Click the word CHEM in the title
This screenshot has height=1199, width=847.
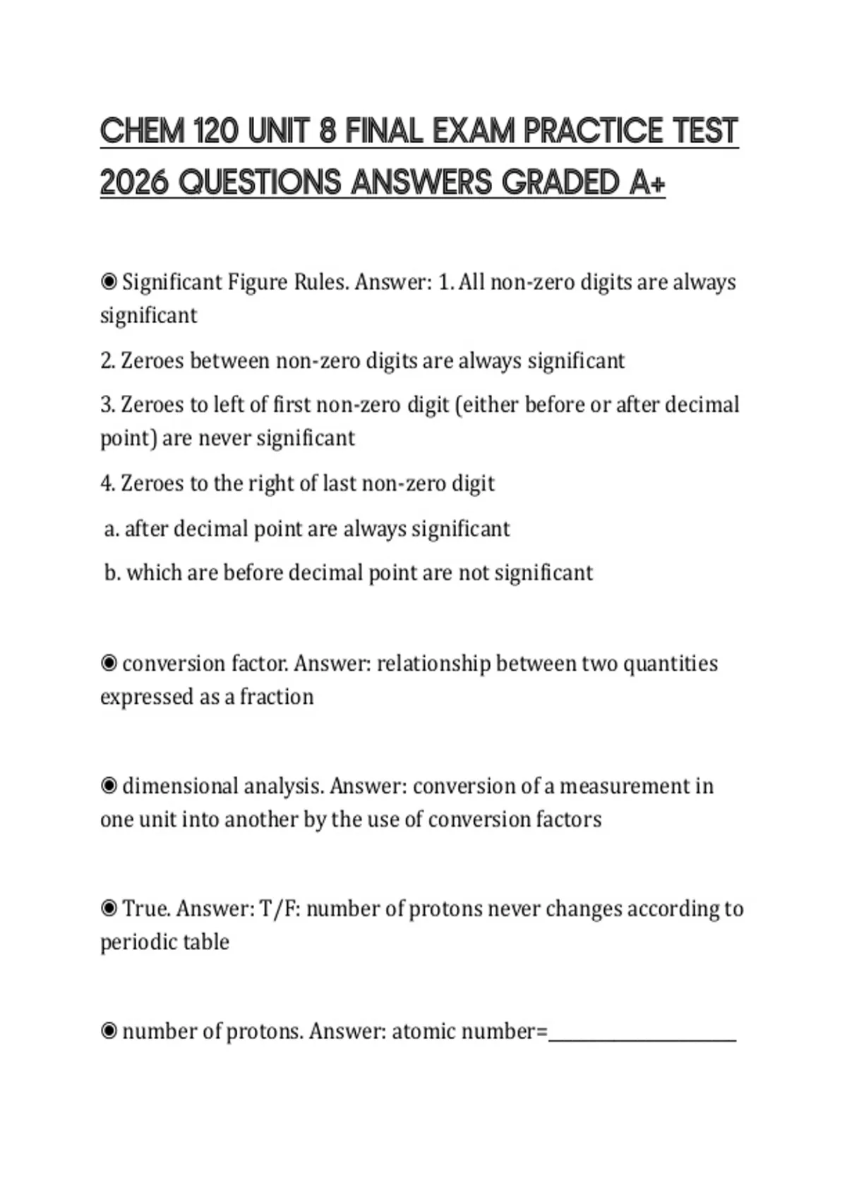(x=142, y=131)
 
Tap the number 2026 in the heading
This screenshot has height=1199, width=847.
(x=133, y=183)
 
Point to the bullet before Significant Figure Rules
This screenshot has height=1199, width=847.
(x=109, y=282)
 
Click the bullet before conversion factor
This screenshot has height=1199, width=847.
(x=109, y=664)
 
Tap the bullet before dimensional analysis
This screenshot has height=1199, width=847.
(x=109, y=786)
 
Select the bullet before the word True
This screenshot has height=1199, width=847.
(x=109, y=908)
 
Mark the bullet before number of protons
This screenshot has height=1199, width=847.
(x=109, y=1031)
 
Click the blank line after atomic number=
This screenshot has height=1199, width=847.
(x=642, y=1037)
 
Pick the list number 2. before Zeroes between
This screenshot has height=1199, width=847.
(x=107, y=361)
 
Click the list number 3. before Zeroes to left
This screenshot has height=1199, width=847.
(x=107, y=406)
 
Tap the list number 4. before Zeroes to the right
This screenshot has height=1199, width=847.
(x=107, y=484)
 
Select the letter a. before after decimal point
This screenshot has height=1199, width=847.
(x=111, y=529)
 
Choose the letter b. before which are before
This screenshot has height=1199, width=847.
(x=112, y=573)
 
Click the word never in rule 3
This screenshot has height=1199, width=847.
(x=224, y=438)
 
